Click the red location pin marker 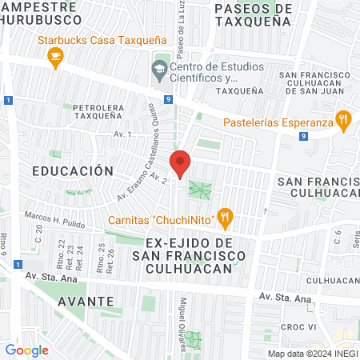click(181, 163)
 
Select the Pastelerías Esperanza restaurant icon click(343, 121)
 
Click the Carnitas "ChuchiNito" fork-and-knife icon click(226, 214)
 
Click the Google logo click(26, 350)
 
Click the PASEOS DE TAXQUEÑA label click(252, 15)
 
